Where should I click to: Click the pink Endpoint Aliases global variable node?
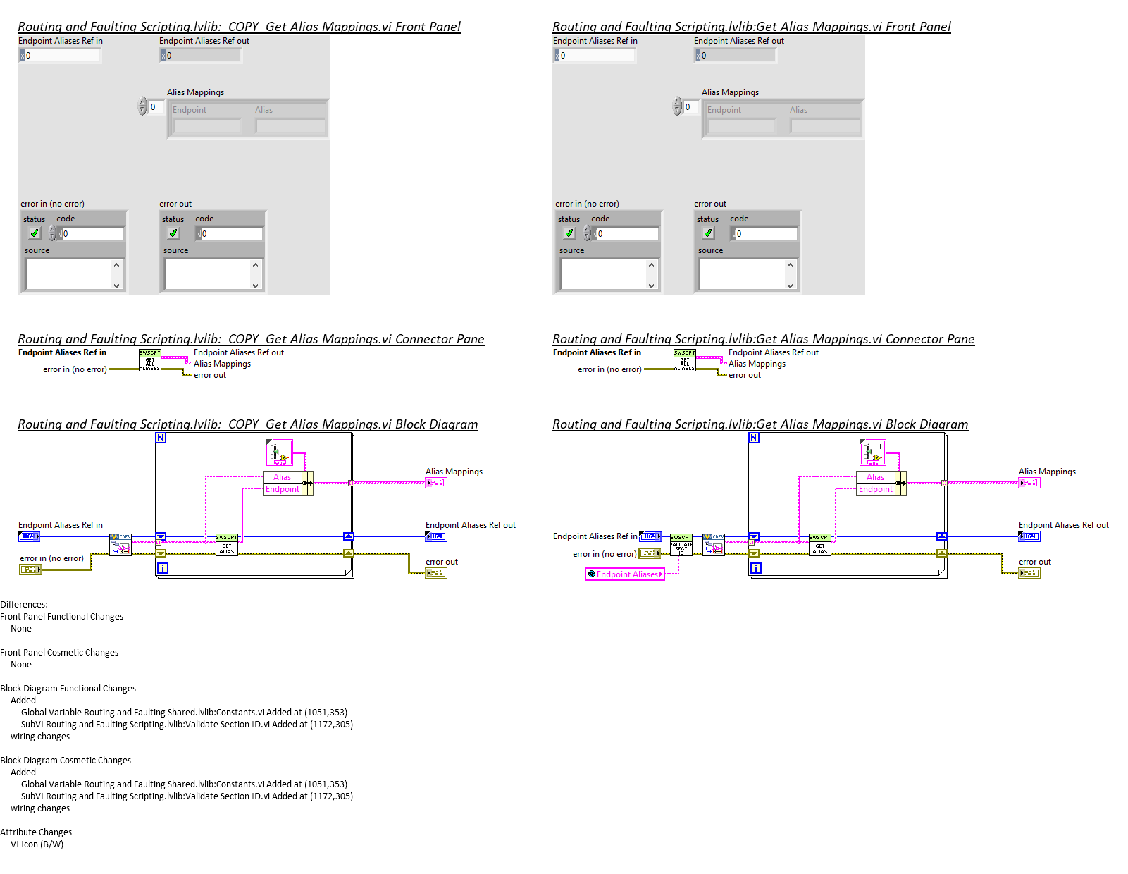[625, 574]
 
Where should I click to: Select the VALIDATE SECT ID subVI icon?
[681, 545]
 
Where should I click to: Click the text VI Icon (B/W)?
[37, 844]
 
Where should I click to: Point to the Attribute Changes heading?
[36, 832]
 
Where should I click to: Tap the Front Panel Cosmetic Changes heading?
[59, 653]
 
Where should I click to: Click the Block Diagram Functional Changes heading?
[68, 689]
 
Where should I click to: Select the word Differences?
[24, 605]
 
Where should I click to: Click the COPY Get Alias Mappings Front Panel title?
[239, 27]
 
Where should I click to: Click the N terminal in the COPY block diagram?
[161, 438]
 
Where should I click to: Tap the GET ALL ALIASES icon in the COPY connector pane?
[150, 360]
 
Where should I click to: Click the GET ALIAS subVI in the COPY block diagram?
[226, 545]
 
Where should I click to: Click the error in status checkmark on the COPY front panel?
[34, 233]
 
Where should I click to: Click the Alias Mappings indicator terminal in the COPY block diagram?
[436, 483]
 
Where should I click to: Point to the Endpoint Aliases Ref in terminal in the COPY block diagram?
[29, 536]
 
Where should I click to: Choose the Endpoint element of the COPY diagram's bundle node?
[283, 489]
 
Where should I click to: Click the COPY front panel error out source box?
[209, 274]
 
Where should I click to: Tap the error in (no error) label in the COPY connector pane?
[75, 369]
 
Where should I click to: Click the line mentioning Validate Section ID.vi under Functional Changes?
[187, 725]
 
